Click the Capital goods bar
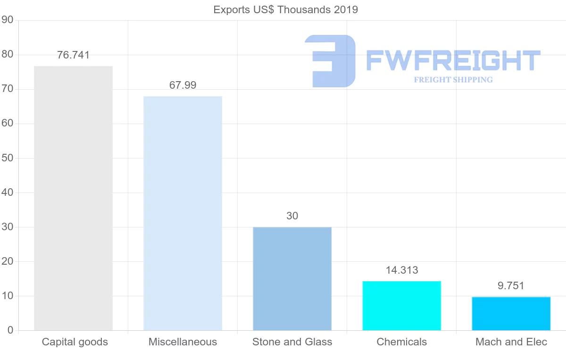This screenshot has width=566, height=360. tap(73, 198)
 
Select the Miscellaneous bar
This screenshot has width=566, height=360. tap(183, 213)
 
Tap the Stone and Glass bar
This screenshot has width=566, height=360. tap(292, 278)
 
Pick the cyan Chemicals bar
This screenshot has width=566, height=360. tap(401, 306)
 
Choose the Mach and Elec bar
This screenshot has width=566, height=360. tap(511, 313)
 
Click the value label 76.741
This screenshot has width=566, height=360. tap(73, 55)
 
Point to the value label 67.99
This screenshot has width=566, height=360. tap(183, 85)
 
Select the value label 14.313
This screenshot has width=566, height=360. tap(401, 270)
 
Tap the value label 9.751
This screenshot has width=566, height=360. tap(511, 285)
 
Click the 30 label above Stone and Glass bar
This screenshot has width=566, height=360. tap(292, 216)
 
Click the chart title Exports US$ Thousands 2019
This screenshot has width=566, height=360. tap(285, 9)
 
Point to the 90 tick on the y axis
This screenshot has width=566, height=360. tap(7, 20)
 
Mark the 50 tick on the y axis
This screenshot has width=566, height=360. tap(7, 158)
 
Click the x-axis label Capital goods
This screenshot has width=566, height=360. tap(75, 342)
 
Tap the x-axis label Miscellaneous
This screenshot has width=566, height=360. tap(183, 342)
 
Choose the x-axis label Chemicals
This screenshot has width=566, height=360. tap(401, 342)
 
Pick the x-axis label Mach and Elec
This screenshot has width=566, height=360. tap(511, 342)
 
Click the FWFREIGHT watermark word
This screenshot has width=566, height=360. tap(453, 60)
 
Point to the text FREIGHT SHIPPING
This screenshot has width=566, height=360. tap(453, 80)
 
